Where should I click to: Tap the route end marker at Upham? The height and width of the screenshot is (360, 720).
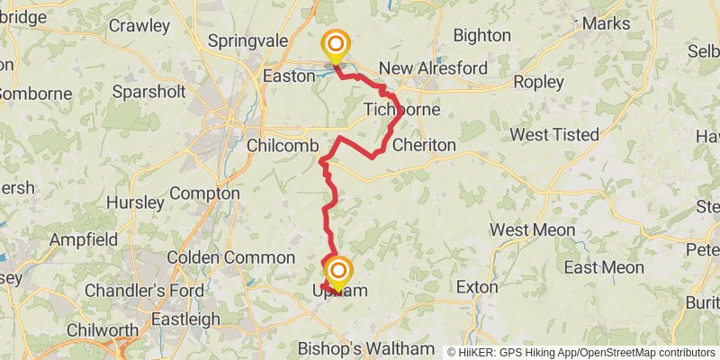[339, 273]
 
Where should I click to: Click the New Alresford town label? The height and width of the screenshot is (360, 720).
[433, 68]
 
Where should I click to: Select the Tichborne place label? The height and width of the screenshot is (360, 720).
[402, 110]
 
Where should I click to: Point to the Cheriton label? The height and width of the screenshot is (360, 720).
[424, 145]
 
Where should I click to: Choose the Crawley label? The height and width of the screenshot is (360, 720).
[139, 25]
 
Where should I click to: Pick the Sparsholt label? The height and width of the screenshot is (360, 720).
[149, 91]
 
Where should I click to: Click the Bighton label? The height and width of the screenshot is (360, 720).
[481, 36]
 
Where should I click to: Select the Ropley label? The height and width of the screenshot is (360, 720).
[538, 82]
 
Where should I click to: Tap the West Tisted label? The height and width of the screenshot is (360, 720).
[554, 134]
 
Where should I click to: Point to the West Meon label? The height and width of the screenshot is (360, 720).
[533, 230]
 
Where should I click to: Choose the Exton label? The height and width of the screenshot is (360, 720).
[477, 288]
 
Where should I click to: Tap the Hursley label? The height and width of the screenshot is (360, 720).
[135, 202]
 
